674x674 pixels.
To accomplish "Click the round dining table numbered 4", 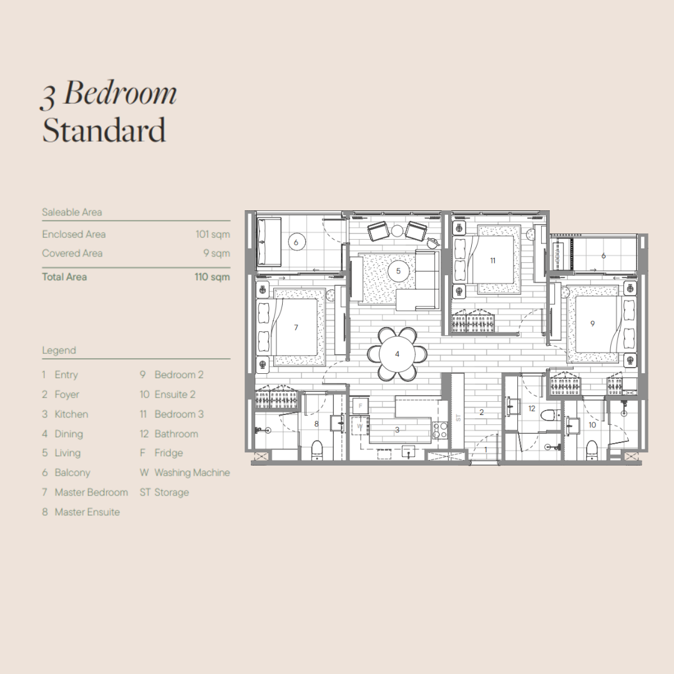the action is pyautogui.click(x=397, y=354).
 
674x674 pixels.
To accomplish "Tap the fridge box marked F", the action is pyautogui.click(x=360, y=406).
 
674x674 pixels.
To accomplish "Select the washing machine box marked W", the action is pyautogui.click(x=360, y=426).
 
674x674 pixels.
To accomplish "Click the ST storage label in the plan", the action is pyautogui.click(x=458, y=418).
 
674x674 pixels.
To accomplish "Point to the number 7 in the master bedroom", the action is pyautogui.click(x=296, y=328).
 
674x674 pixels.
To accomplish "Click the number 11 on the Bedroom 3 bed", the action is pyautogui.click(x=492, y=260).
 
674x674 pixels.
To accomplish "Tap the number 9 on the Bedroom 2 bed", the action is pyautogui.click(x=592, y=324).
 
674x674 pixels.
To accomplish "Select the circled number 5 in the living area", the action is pyautogui.click(x=398, y=271).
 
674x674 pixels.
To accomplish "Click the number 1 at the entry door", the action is pyautogui.click(x=486, y=449).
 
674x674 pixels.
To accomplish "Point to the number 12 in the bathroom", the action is pyautogui.click(x=532, y=408).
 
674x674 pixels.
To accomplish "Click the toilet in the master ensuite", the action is pyautogui.click(x=317, y=449).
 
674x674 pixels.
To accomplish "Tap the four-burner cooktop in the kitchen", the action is pyautogui.click(x=440, y=430).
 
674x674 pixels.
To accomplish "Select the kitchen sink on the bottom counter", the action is pyautogui.click(x=408, y=451).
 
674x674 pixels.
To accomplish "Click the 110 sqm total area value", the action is pyautogui.click(x=212, y=277).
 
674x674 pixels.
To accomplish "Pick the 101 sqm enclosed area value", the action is pyautogui.click(x=213, y=234).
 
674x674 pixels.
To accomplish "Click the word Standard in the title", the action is pyautogui.click(x=104, y=130).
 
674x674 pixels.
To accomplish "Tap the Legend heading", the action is pyautogui.click(x=59, y=350).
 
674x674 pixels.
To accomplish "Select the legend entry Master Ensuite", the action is pyautogui.click(x=87, y=512).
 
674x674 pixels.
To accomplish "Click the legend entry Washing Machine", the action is pyautogui.click(x=192, y=473).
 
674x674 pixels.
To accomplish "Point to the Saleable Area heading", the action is pyautogui.click(x=72, y=212).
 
